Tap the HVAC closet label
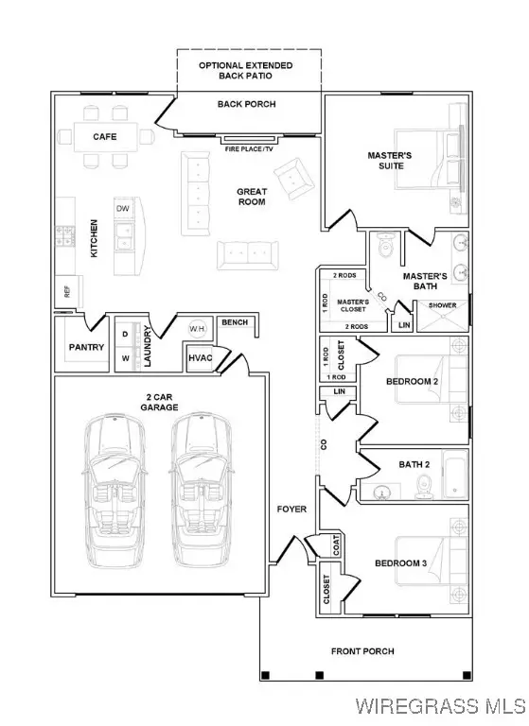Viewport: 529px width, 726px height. point(200,358)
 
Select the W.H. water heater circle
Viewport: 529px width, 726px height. point(198,329)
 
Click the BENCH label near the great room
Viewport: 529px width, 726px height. point(234,323)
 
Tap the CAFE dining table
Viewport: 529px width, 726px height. point(105,137)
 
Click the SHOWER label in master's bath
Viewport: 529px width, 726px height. point(442,305)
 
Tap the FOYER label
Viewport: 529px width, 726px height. point(291,509)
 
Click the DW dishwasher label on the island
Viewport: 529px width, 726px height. point(122,208)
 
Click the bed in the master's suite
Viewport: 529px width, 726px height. point(431,166)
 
